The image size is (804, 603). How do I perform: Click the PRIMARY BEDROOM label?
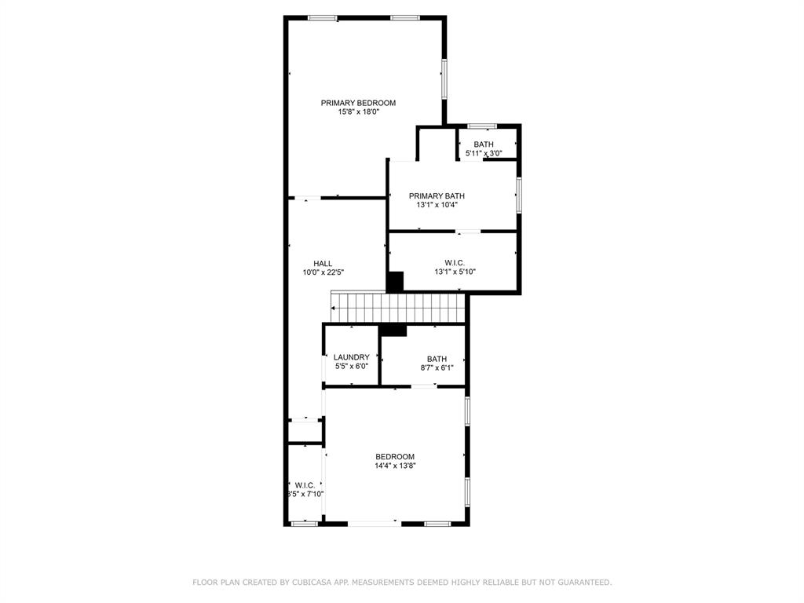pos(358,103)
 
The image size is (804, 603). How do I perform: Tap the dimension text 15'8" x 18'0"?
pos(358,112)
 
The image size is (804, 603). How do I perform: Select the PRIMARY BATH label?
pos(437,196)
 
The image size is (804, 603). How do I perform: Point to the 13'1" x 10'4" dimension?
pos(437,205)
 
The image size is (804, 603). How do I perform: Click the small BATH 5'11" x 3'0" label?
pos(484,144)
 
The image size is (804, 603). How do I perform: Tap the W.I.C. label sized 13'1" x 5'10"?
pos(455,263)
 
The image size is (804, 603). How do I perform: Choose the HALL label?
pos(323,264)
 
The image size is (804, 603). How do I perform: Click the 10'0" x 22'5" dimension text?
pos(323,272)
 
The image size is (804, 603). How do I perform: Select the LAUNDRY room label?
pos(351,357)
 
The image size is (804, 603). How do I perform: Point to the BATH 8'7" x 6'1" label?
pos(437,359)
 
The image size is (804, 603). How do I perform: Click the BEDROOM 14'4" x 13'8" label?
pos(395,457)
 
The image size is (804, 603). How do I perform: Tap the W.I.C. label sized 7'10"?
pos(305,485)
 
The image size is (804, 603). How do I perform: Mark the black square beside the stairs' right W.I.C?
pos(395,282)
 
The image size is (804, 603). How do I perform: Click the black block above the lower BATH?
pos(393,331)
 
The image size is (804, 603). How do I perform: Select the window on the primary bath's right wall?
pos(518,195)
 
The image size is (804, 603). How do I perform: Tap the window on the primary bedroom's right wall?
pos(444,79)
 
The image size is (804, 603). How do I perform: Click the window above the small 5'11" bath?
pos(481,126)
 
